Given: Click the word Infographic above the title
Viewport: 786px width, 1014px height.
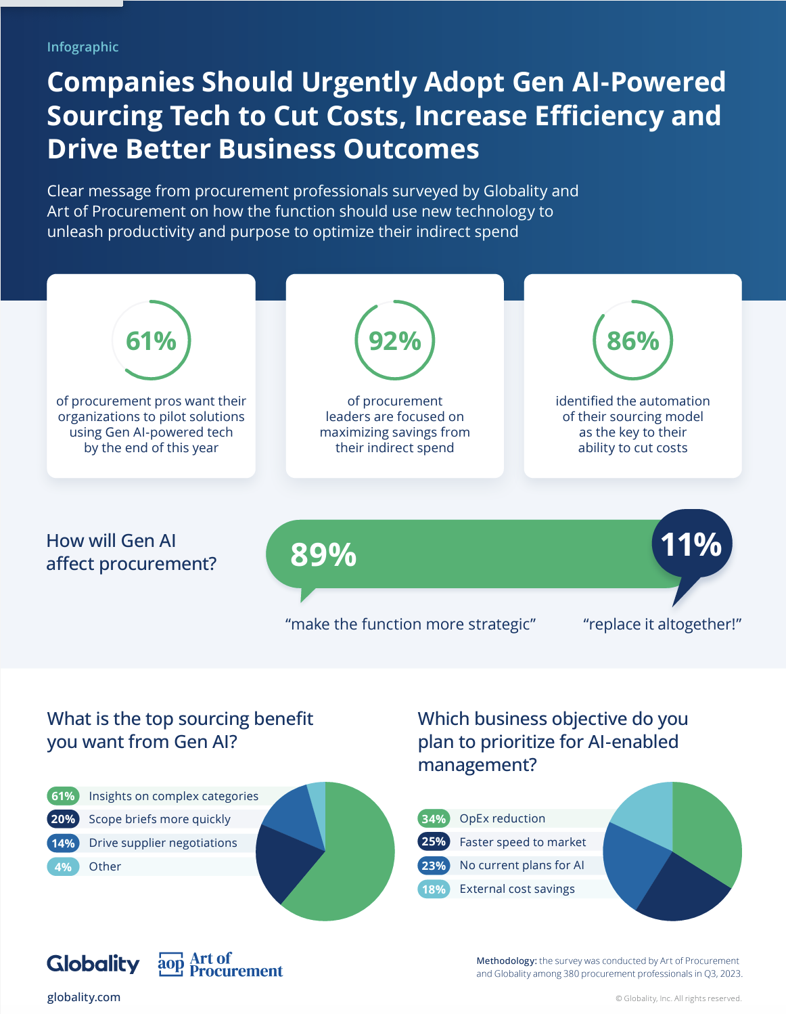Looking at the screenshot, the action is coord(83,47).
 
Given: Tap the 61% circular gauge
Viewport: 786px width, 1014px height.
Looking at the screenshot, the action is coord(189,340).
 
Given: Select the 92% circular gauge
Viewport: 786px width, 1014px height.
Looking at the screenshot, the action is coord(434,340).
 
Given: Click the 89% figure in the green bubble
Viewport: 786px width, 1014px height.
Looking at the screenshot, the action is coord(323,554).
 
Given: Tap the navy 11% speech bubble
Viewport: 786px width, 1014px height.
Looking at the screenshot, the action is coord(691,545).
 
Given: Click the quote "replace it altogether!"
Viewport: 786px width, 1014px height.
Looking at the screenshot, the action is coord(662,624).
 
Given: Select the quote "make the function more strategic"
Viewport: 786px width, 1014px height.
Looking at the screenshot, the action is coord(411,624).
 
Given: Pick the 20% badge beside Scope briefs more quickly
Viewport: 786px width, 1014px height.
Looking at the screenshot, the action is coord(63,819).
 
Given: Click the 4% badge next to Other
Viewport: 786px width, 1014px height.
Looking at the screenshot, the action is coord(63,866).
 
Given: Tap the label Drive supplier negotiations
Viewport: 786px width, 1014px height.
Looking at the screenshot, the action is coord(163,843).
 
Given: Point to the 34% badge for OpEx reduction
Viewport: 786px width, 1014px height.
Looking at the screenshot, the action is coord(434,818).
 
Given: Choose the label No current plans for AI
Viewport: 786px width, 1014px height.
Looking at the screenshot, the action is coord(522,865).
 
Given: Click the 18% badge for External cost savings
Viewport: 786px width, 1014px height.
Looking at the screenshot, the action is coord(434,889).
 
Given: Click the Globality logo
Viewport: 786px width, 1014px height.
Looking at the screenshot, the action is coord(93,964).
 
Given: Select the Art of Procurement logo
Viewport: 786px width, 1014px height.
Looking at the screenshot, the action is coord(220,965).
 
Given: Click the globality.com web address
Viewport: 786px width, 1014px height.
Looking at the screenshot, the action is coord(84,997).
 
